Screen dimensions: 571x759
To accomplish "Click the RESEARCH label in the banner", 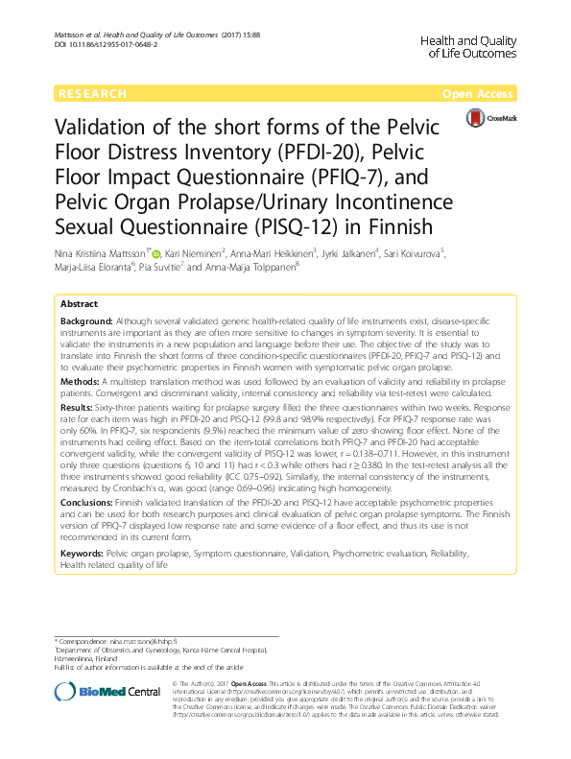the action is [x=92, y=94].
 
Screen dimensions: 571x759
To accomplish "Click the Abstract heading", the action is [x=80, y=303].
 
